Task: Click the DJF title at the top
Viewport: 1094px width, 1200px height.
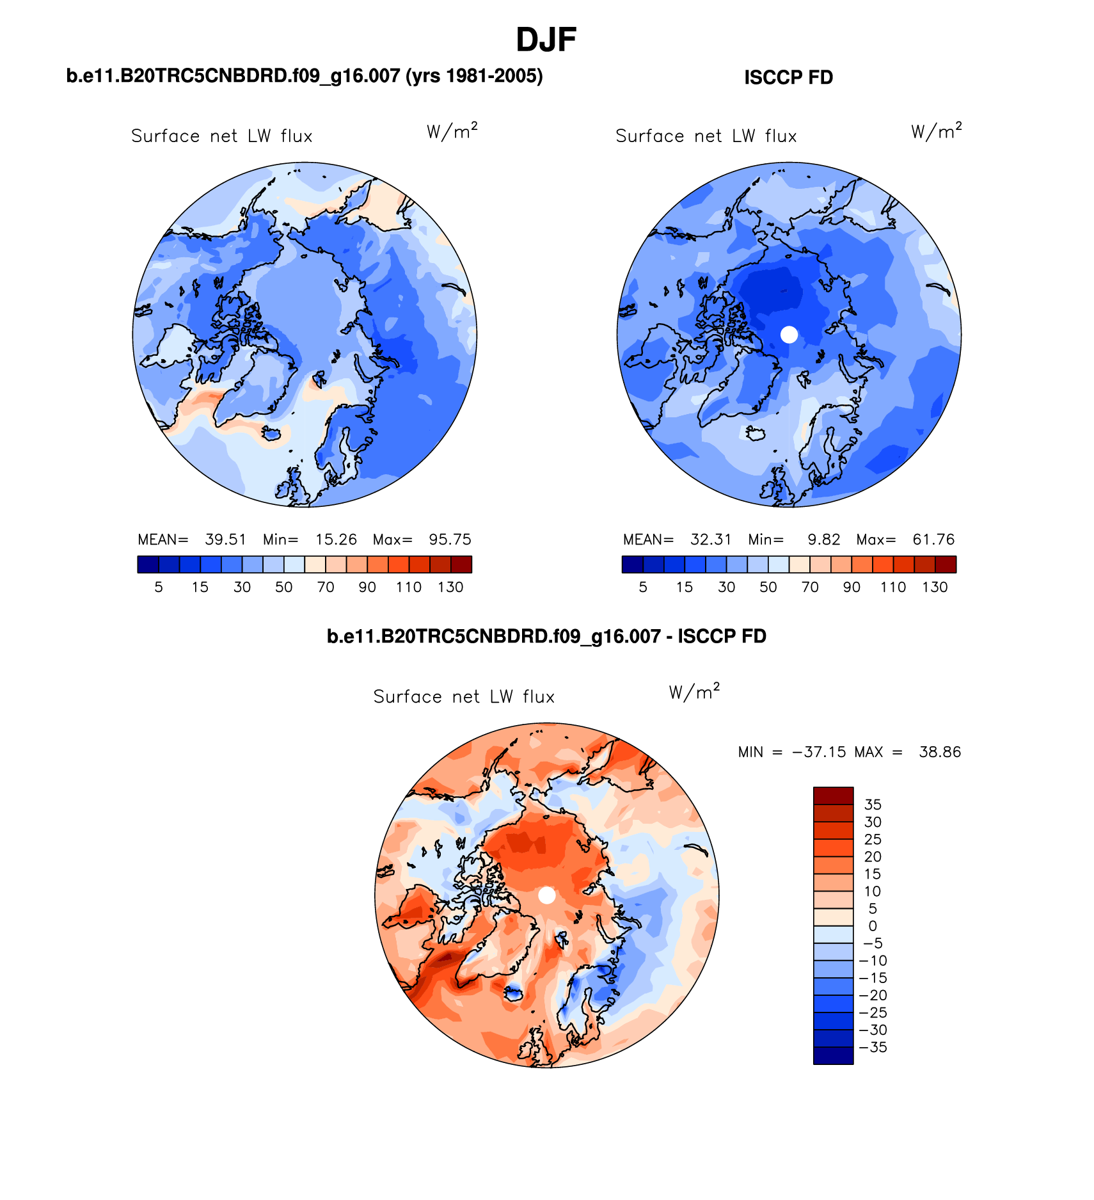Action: [x=546, y=40]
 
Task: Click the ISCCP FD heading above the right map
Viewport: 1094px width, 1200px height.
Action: [x=788, y=77]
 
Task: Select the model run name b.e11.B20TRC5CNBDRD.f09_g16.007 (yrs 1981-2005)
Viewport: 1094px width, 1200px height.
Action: [x=305, y=76]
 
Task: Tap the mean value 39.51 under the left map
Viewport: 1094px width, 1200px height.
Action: [x=225, y=540]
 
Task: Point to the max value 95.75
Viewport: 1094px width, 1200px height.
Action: [x=450, y=540]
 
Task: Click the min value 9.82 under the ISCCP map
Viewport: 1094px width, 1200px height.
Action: [x=823, y=540]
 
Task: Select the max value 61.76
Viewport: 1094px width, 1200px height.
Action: [x=933, y=540]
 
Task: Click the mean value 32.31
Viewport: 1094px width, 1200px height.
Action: [x=710, y=540]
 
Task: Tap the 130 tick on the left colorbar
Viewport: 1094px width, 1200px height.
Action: [x=450, y=587]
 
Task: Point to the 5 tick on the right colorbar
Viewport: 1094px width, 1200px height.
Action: [x=643, y=587]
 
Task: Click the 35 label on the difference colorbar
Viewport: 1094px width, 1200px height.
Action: [x=873, y=805]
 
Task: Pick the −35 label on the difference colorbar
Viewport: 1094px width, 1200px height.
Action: [x=873, y=1048]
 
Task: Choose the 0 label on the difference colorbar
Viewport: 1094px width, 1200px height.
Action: [x=873, y=926]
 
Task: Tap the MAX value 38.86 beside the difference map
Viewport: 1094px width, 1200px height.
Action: [x=940, y=752]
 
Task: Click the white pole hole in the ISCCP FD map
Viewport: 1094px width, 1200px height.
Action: [x=789, y=334]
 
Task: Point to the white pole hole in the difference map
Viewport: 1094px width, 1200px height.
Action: [x=547, y=895]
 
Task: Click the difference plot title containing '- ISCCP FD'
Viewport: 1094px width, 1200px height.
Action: [x=546, y=636]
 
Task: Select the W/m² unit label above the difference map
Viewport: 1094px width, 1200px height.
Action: [x=694, y=692]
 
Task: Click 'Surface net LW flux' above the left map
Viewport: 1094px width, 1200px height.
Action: [x=221, y=136]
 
